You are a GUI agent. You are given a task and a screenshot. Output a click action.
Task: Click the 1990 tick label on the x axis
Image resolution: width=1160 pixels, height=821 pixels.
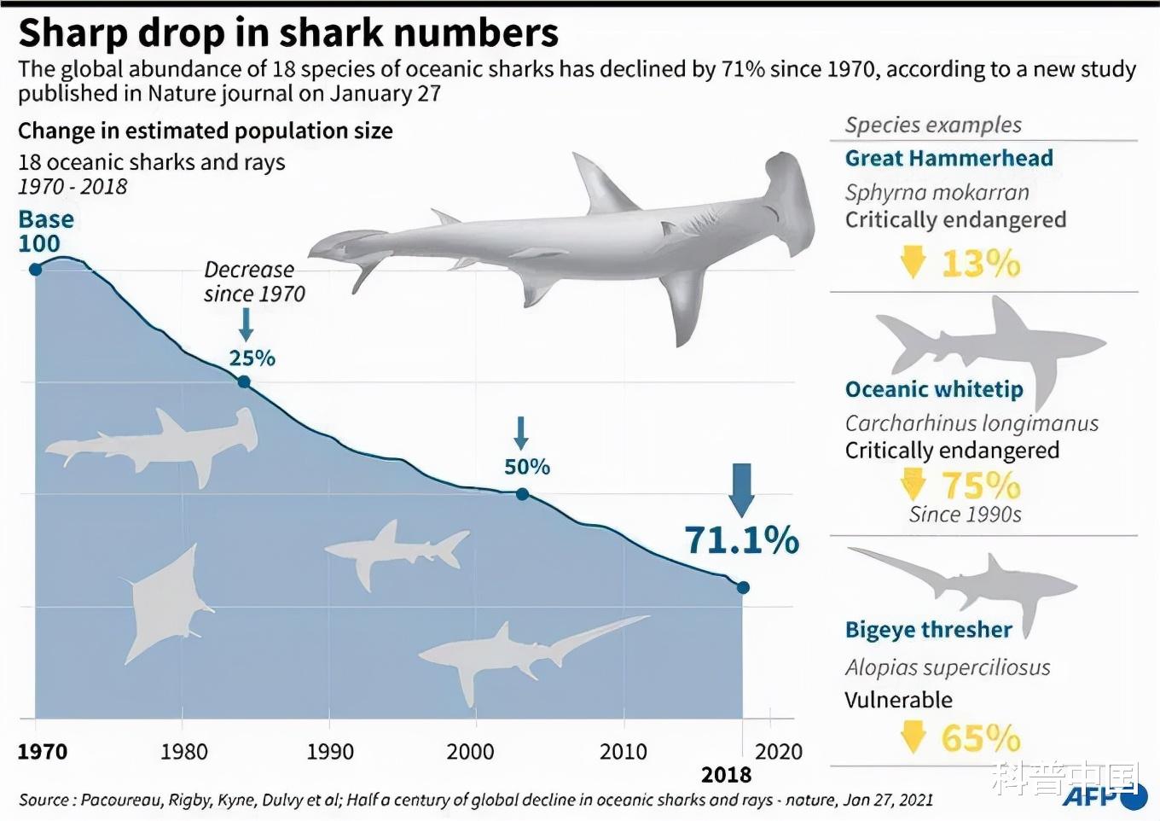tap(330, 752)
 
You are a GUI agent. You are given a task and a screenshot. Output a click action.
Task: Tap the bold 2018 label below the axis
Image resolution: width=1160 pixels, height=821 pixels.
tap(726, 775)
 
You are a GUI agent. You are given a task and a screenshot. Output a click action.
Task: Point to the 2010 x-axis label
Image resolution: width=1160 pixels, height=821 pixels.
tap(623, 752)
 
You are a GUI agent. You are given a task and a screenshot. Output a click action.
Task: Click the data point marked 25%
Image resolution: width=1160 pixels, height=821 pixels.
tap(244, 381)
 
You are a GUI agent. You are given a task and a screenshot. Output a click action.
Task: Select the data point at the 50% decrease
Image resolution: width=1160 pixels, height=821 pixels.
tap(522, 494)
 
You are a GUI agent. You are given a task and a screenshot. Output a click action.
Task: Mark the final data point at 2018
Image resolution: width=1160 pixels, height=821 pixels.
tap(743, 587)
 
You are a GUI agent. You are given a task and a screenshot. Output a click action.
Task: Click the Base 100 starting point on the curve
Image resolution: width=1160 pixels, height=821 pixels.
tap(35, 270)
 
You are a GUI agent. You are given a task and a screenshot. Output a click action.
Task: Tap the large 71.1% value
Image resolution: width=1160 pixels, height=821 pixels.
tap(741, 540)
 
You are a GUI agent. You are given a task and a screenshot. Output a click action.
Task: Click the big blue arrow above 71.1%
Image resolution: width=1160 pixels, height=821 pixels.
tap(742, 489)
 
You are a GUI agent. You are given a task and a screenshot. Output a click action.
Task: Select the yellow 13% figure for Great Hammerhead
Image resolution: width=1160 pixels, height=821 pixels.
tap(981, 264)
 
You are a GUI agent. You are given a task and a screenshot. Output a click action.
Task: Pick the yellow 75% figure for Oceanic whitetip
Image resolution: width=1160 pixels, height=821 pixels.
tap(981, 486)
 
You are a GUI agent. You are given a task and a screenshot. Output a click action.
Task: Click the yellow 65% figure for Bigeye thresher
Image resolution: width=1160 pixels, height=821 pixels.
tap(981, 738)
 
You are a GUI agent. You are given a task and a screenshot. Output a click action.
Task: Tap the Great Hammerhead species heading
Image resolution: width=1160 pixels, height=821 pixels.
tap(948, 159)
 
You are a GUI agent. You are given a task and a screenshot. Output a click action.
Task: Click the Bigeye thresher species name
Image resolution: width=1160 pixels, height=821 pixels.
tap(928, 630)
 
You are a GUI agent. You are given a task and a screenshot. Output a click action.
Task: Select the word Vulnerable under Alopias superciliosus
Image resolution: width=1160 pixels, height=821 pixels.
tap(898, 700)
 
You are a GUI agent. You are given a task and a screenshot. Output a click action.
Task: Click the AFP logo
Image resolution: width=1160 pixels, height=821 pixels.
tap(1100, 796)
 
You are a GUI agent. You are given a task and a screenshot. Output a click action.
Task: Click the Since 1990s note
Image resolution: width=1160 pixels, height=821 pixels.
tap(965, 515)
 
